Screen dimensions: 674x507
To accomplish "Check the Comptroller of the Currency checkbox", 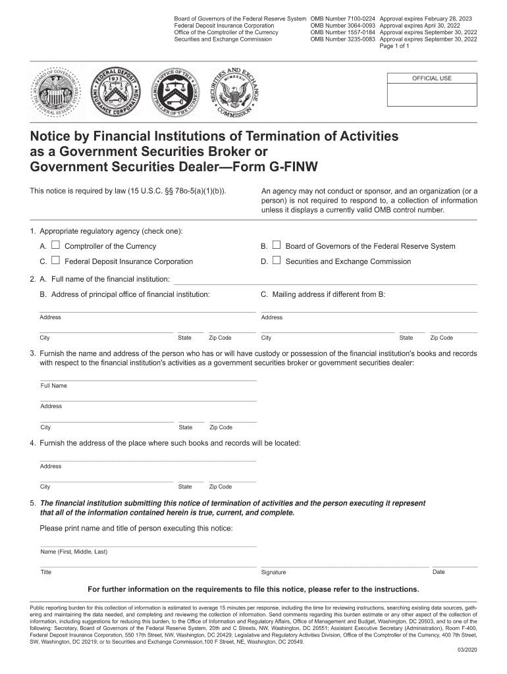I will (x=56, y=246).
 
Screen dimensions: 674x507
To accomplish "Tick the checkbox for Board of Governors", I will (x=277, y=246).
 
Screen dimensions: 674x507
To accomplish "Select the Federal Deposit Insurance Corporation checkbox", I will (x=56, y=261).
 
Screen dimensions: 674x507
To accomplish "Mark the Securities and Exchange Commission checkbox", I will (x=277, y=261).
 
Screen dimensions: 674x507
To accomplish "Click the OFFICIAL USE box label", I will (x=431, y=78).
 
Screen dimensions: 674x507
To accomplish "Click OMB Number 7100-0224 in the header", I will (x=342, y=18).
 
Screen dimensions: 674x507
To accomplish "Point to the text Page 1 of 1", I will (x=395, y=46).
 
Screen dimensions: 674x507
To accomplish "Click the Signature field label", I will (x=273, y=573).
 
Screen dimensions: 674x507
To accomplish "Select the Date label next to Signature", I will (x=439, y=572).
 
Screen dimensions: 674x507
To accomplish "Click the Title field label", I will (x=46, y=573).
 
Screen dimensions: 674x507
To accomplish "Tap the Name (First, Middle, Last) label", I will (x=74, y=552).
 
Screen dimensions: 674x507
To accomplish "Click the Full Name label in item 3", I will (x=53, y=386).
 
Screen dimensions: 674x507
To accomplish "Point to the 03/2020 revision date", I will (x=466, y=651).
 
